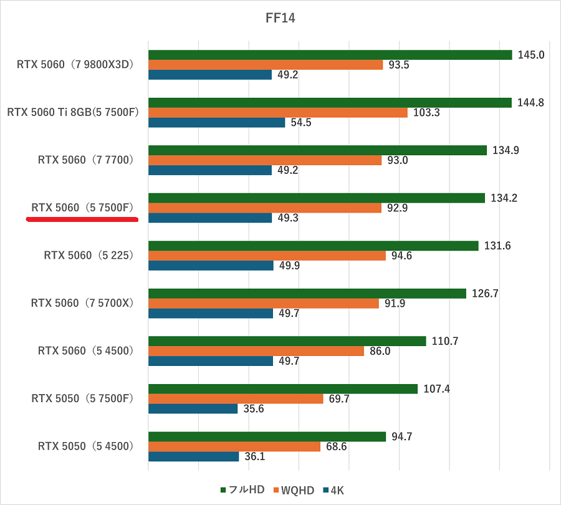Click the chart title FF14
(280, 19)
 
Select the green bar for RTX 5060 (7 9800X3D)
(330, 55)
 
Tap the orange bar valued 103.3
(277, 113)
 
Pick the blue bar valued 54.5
(216, 122)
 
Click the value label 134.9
(506, 150)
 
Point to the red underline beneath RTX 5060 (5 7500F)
(81, 219)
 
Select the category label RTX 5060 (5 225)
(89, 255)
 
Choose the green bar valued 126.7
(307, 294)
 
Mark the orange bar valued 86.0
(256, 351)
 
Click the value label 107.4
(436, 389)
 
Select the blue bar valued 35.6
(193, 408)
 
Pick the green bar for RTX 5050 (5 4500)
(267, 436)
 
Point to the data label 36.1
(255, 456)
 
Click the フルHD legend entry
(243, 490)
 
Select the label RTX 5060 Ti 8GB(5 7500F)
(72, 112)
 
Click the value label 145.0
(531, 55)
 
